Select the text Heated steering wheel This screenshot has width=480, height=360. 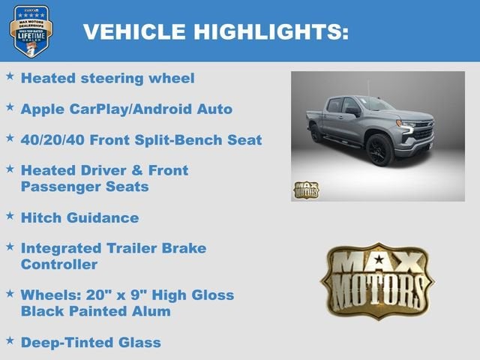click(107, 78)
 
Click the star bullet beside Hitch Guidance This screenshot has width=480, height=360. click(10, 216)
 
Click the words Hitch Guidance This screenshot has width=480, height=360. click(79, 217)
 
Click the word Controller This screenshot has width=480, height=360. click(59, 264)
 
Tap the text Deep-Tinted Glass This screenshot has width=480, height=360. click(91, 343)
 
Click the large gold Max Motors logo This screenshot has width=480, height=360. click(376, 280)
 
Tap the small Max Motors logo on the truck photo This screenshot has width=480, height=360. click(305, 190)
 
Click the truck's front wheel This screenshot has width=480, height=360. click(379, 150)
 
